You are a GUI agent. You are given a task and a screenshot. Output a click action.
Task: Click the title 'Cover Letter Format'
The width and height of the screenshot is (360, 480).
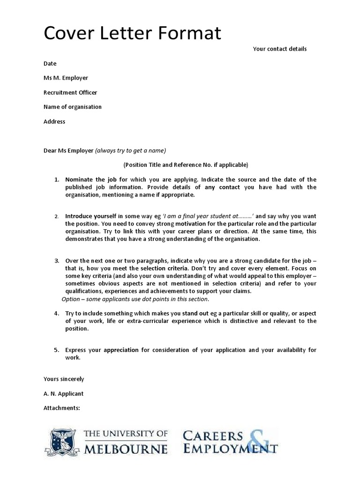tap(132, 34)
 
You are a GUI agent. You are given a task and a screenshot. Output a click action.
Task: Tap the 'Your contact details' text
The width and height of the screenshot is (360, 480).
tap(280, 49)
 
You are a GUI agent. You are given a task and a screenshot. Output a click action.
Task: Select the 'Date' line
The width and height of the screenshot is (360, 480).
tap(50, 63)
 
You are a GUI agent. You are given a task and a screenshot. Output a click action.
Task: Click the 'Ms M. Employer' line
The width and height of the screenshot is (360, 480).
tap(66, 78)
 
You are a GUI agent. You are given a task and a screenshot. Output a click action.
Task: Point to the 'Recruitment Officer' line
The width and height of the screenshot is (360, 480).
tap(70, 92)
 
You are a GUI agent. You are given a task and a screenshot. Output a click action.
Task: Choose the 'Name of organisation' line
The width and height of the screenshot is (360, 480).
tap(73, 107)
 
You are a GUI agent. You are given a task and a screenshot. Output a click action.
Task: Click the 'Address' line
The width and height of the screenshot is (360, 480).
tap(54, 121)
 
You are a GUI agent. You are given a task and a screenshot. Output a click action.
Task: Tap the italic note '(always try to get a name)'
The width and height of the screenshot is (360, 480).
tap(131, 150)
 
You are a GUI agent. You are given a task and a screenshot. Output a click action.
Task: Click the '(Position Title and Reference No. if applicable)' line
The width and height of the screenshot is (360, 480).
tap(186, 165)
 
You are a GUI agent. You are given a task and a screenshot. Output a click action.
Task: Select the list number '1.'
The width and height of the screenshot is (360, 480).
tap(56, 180)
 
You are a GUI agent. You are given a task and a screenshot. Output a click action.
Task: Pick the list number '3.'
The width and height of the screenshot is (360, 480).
tap(56, 261)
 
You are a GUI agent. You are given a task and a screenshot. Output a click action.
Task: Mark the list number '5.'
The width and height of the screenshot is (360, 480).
tap(56, 350)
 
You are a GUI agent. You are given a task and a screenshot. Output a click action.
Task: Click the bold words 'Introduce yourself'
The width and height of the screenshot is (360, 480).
tap(91, 216)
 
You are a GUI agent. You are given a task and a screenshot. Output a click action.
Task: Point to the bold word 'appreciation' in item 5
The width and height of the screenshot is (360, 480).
tap(121, 350)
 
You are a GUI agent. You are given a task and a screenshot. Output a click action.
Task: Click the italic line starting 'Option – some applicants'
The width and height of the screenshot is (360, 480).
tap(135, 299)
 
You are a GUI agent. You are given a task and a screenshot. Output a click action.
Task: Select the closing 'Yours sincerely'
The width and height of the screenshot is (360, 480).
tap(64, 379)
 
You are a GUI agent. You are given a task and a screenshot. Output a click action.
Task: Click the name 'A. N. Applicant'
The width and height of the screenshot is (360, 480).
tap(64, 393)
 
